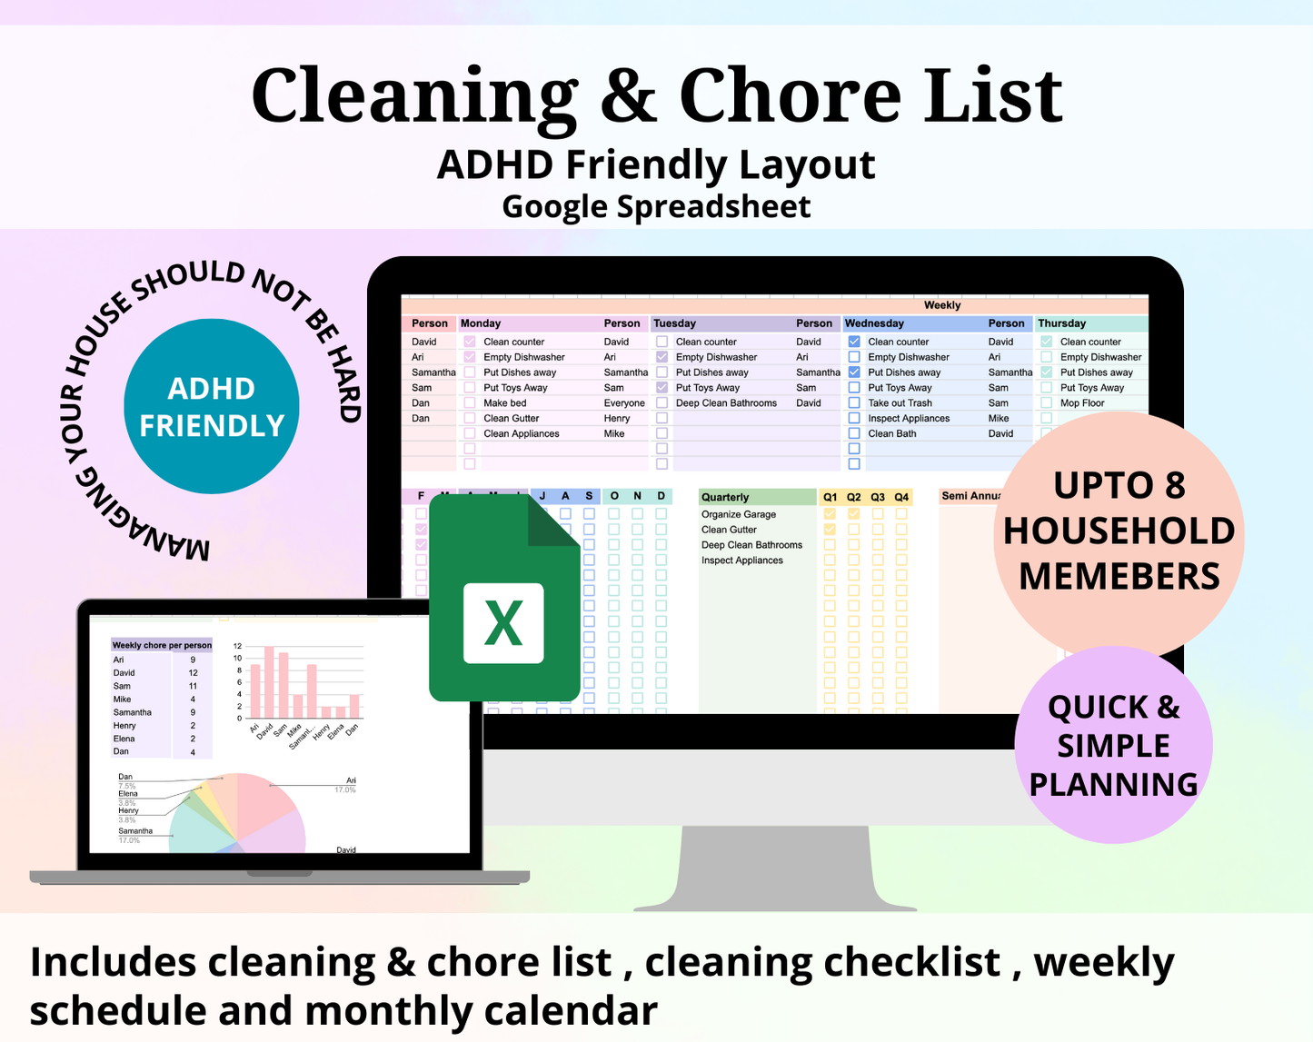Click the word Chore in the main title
click(791, 96)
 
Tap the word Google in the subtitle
click(554, 206)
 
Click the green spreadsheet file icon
click(504, 599)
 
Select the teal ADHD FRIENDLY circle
click(212, 406)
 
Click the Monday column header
click(481, 323)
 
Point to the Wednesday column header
click(874, 323)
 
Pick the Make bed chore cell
click(505, 403)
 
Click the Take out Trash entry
click(900, 403)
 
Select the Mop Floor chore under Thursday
click(1082, 403)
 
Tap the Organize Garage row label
click(739, 514)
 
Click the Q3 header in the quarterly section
click(878, 497)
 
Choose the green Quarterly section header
click(725, 497)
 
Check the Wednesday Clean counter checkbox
click(854, 342)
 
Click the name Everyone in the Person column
click(624, 403)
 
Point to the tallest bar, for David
click(269, 681)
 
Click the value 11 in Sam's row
click(193, 686)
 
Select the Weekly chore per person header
click(162, 645)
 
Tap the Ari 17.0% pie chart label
click(346, 785)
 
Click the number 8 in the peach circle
click(1175, 486)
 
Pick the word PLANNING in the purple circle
click(1114, 784)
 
